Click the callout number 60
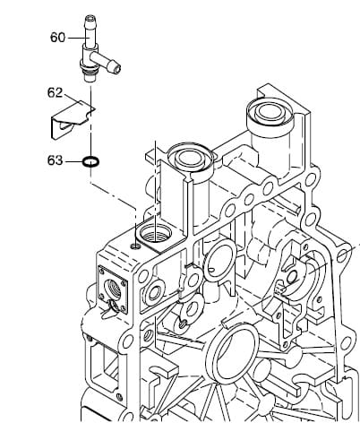tap(57, 38)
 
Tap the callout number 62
tap(56, 93)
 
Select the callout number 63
tap(56, 160)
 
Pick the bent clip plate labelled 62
tap(73, 119)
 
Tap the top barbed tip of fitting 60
tap(90, 20)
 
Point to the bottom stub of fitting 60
tap(90, 78)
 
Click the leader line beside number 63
tap(74, 161)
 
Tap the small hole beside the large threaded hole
tap(135, 246)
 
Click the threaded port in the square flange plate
tap(113, 288)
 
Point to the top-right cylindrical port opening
tap(270, 112)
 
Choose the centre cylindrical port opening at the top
tap(191, 157)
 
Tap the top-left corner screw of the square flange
tap(102, 272)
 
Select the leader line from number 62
tap(73, 99)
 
